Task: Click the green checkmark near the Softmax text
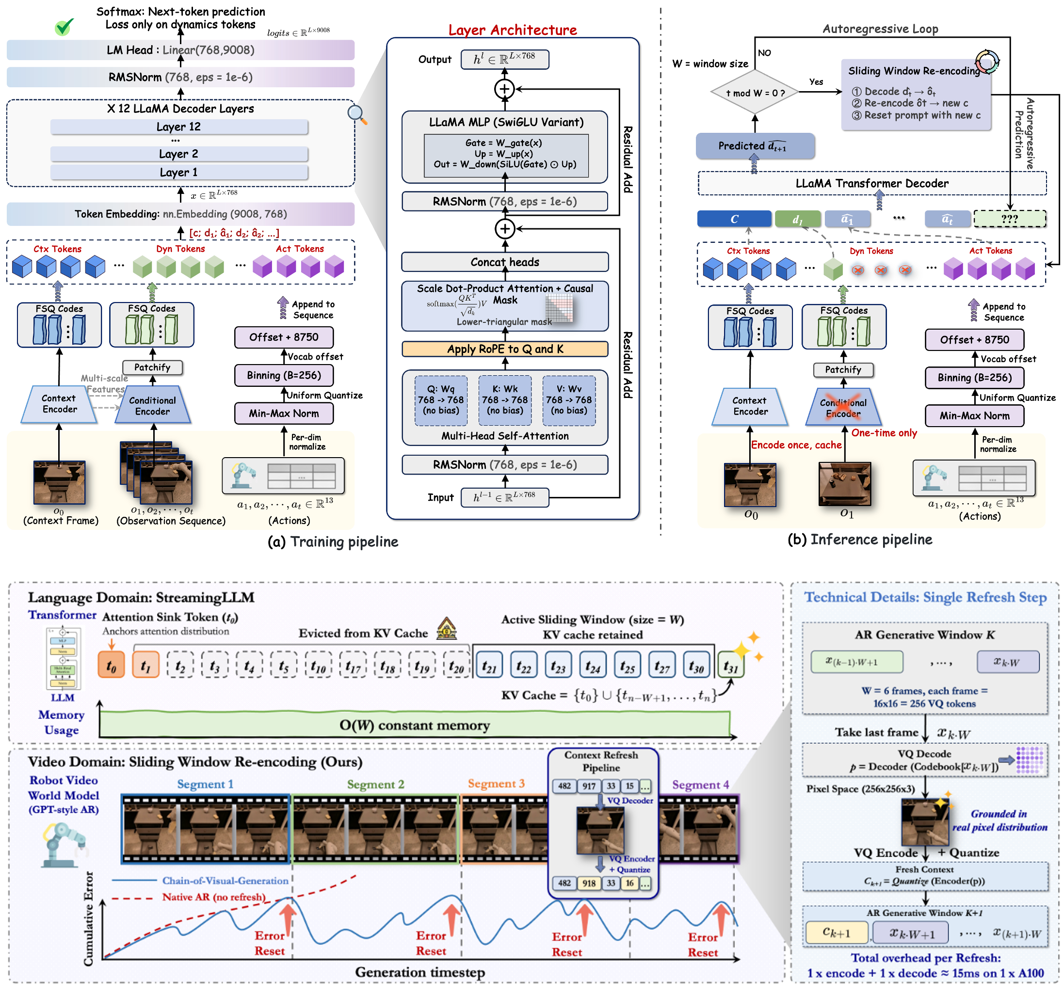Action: tap(64, 27)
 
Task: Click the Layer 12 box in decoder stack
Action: tap(179, 127)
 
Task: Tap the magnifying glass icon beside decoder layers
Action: tap(356, 114)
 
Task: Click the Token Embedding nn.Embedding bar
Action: tap(180, 214)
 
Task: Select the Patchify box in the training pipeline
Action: tap(152, 367)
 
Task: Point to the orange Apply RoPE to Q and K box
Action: tap(505, 349)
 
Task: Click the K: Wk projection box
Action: tap(504, 400)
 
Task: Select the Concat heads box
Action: tap(505, 262)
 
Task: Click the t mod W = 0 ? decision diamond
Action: tap(754, 93)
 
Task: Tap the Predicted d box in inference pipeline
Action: tap(754, 146)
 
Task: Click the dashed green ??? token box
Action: tap(1009, 219)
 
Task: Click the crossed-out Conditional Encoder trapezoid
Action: tap(843, 408)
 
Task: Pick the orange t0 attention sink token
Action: tap(111, 666)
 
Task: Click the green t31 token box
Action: tap(730, 666)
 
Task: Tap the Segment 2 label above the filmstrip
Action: tap(375, 784)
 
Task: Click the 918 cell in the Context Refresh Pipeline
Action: tap(589, 883)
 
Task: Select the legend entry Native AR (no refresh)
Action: tap(213, 897)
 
